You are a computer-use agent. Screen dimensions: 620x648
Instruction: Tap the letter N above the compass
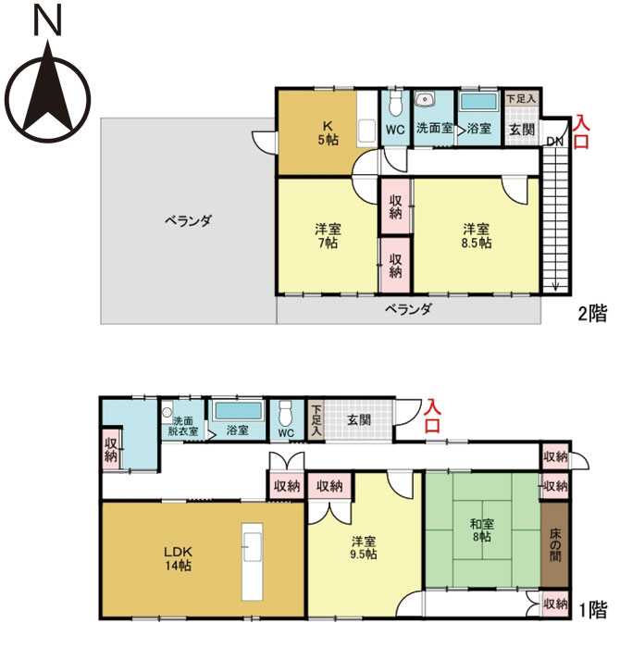pos(47,20)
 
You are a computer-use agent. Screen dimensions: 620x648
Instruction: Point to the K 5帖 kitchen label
pos(329,132)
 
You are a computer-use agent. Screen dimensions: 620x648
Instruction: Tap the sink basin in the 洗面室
pos(425,100)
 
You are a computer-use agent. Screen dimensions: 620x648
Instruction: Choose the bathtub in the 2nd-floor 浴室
pos(479,102)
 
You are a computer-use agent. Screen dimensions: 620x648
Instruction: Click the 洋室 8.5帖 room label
pos(477,236)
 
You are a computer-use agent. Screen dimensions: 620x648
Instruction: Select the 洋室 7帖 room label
pos(328,236)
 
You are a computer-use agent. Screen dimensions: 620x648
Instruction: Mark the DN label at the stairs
pos(554,142)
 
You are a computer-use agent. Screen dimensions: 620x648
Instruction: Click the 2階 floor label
pos(593,314)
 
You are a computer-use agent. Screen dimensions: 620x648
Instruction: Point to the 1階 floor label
pos(593,610)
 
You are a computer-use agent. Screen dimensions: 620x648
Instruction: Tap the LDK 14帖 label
pos(178,558)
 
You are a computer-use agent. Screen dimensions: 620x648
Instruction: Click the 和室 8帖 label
pos(482,530)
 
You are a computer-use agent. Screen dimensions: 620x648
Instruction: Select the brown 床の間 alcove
pos(555,544)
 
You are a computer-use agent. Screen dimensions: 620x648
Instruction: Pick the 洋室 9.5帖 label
pos(364,548)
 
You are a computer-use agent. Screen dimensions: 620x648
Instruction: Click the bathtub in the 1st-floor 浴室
pos(239,412)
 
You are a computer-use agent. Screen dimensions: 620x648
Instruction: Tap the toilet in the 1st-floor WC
pos(285,414)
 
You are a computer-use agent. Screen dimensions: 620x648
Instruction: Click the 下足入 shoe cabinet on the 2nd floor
pos(522,98)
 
